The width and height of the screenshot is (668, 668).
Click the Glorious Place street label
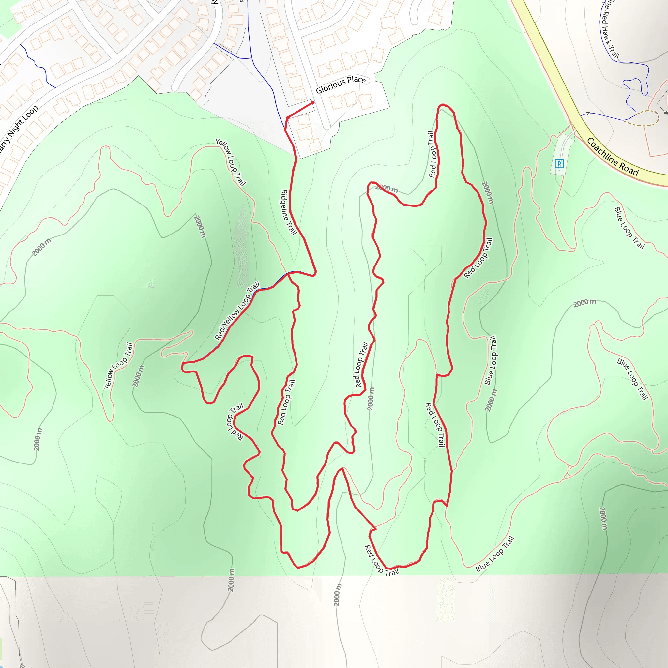[x=341, y=84]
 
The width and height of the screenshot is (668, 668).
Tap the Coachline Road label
[x=612, y=157]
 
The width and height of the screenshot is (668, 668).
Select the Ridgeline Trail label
[x=289, y=212]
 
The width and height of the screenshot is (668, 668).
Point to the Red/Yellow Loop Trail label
[x=237, y=311]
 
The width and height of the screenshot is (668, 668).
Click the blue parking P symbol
[x=559, y=163]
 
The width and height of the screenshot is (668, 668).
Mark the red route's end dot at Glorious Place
[x=313, y=102]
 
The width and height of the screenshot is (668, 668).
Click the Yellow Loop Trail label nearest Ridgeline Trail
[x=231, y=162]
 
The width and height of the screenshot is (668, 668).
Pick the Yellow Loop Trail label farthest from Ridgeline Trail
[x=118, y=365]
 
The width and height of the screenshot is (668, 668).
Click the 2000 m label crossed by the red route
[x=387, y=189]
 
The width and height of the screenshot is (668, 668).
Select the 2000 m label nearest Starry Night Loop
[x=41, y=247]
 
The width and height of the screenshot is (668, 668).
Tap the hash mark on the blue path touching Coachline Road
[x=588, y=113]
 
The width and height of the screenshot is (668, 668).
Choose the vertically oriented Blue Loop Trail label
[x=490, y=360]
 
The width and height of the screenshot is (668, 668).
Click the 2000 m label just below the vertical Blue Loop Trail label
[x=491, y=401]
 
